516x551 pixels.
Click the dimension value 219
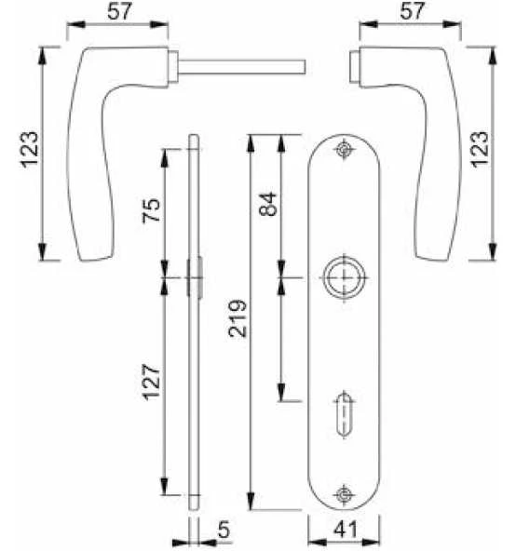238,318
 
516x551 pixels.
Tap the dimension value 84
267,204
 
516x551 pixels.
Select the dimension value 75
151,210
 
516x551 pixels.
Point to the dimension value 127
151,382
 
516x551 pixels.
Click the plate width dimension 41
345,529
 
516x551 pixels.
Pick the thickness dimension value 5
224,530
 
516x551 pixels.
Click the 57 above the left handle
119,11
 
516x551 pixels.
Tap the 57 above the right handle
412,11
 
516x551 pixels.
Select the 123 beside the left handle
29,149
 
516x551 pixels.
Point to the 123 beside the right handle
479,149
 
